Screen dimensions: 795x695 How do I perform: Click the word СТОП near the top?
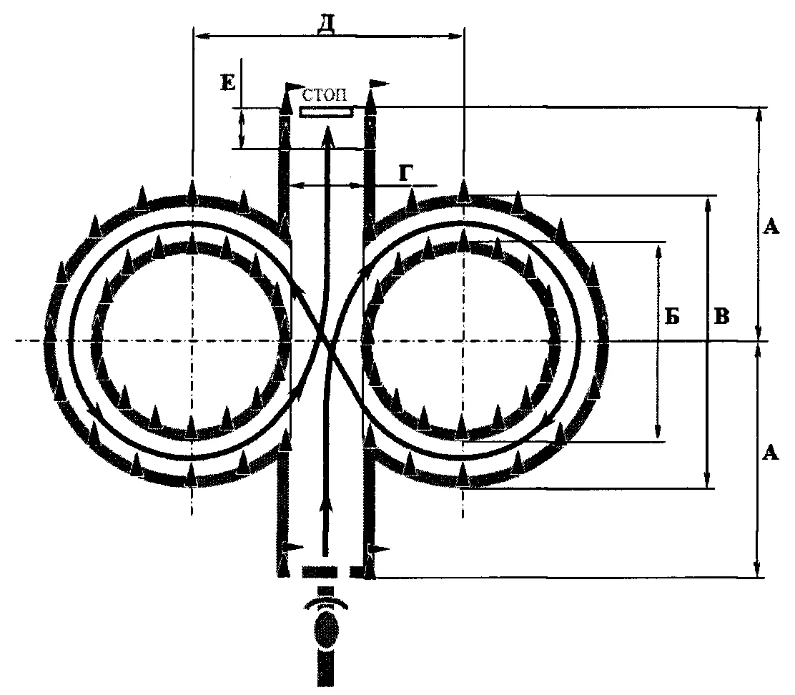coord(325,95)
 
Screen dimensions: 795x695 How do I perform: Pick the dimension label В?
coord(722,316)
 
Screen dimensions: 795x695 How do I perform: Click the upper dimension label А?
coord(771,227)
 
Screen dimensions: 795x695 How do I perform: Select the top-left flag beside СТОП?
coord(292,87)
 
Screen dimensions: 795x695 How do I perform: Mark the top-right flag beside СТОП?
coord(377,84)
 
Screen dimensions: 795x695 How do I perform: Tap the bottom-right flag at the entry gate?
coord(377,549)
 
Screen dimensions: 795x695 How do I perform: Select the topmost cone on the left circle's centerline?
coord(192,192)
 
